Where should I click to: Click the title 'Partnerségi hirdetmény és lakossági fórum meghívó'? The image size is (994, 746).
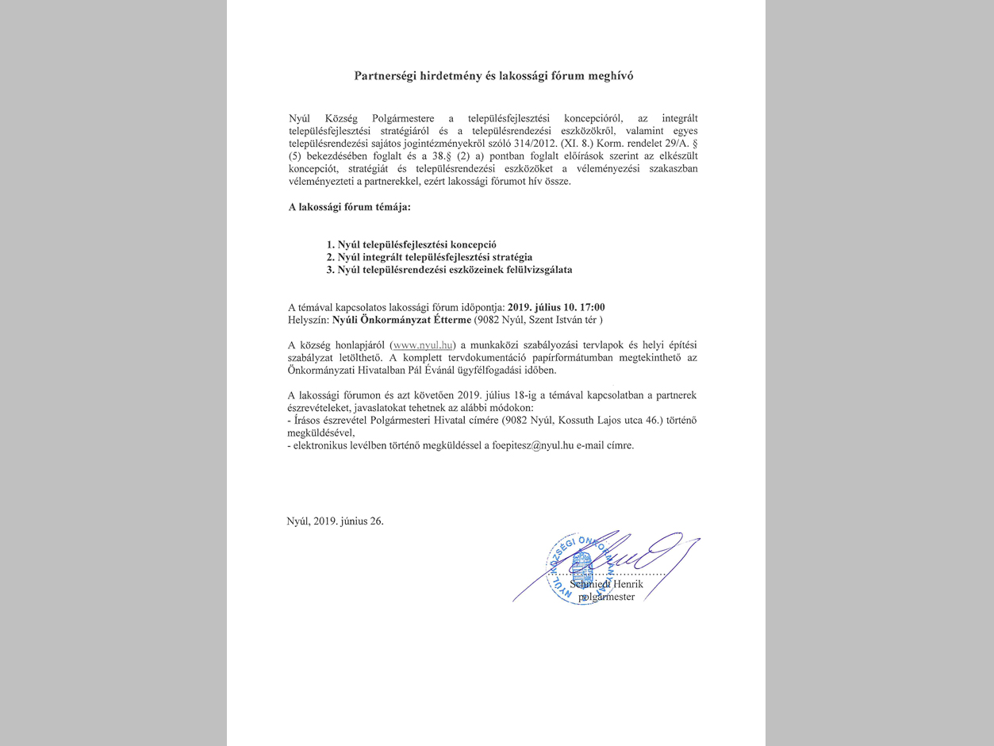494,76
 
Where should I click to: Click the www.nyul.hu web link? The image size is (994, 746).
424,345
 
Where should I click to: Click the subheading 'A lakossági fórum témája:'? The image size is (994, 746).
349,207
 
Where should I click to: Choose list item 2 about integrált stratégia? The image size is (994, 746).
429,257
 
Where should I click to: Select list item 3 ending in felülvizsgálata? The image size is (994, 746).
449,270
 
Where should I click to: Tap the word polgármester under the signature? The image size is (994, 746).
607,597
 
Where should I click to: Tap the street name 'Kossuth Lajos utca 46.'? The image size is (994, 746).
614,419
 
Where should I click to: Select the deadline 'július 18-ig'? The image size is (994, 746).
514,394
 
